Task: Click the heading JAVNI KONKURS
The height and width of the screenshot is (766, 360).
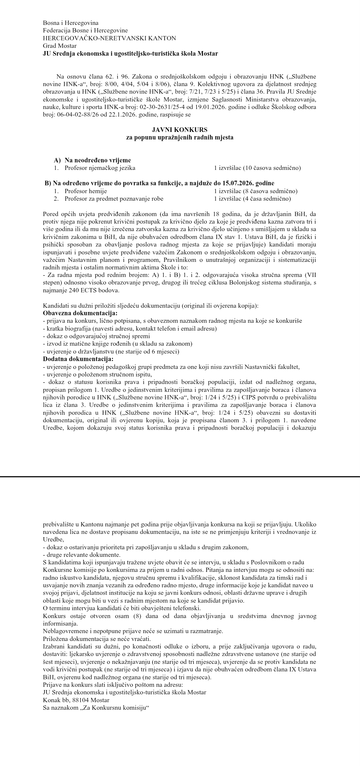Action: (x=180, y=130)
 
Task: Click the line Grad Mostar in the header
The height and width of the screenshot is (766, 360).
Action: (x=60, y=46)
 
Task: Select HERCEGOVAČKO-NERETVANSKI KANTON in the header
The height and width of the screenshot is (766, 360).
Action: (x=109, y=38)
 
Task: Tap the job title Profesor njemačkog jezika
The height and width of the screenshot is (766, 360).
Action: (x=100, y=168)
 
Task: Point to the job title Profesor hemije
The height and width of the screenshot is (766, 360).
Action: (x=86, y=191)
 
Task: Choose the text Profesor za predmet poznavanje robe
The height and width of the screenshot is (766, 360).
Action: (x=114, y=198)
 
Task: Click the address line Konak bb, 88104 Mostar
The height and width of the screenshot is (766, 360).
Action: (x=76, y=700)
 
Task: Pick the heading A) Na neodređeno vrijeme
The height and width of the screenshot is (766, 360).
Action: (x=92, y=160)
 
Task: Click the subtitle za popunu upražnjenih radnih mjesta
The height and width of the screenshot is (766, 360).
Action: (x=180, y=137)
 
